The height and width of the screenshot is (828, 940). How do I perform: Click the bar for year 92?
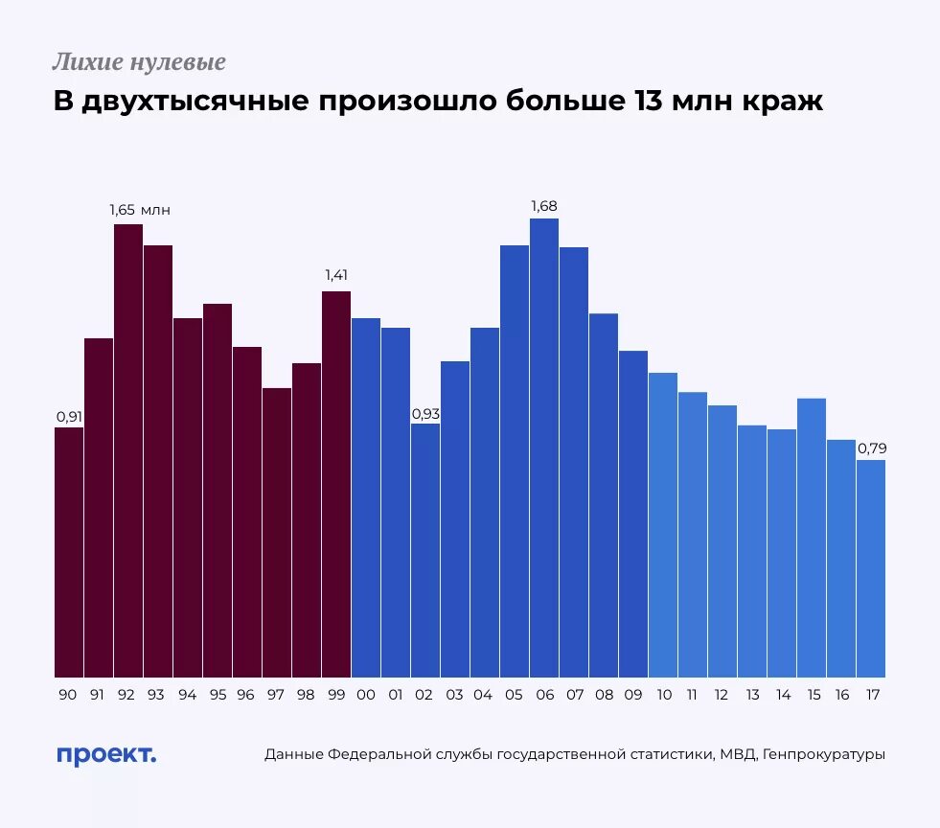point(128,450)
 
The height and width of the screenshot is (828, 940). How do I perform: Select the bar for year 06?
point(544,448)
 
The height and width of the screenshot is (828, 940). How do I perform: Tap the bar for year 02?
point(425,550)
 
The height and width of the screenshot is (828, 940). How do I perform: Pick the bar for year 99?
point(336,484)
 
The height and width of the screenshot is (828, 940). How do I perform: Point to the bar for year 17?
point(871,568)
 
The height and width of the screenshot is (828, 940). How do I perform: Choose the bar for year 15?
point(812,538)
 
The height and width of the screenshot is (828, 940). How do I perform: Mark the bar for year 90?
point(69,552)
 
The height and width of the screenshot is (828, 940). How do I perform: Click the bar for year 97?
point(277,533)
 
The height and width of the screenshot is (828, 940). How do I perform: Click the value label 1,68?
point(544,206)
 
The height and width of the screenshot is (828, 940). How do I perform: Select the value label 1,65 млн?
point(141,210)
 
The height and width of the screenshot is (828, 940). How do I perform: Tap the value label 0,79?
point(871,448)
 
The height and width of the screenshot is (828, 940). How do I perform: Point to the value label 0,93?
point(425,414)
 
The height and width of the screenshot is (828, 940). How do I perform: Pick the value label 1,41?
point(336,276)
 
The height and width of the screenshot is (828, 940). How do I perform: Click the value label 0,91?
point(69,417)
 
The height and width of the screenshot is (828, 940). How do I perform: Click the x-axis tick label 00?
point(366,695)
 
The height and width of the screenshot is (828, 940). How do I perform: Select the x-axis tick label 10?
point(663,695)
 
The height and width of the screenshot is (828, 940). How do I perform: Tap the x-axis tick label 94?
point(188,695)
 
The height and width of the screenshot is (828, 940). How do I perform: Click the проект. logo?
point(106,754)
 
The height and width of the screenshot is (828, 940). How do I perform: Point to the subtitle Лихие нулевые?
point(139,63)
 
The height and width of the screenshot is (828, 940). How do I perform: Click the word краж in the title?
point(782,102)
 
